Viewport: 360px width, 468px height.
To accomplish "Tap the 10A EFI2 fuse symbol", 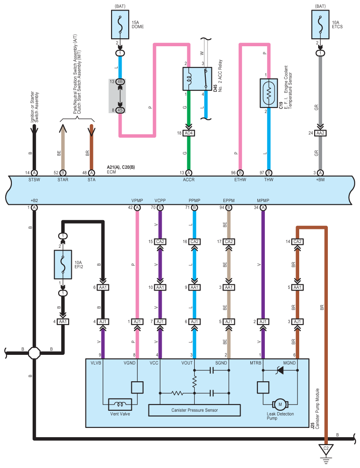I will click(x=63, y=264).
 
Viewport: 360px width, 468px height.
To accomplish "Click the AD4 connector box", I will click(x=189, y=133).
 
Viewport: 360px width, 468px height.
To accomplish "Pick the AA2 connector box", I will click(x=320, y=133).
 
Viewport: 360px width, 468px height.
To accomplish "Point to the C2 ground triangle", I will click(x=327, y=449).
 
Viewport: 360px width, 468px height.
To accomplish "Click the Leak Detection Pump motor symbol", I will click(x=279, y=404).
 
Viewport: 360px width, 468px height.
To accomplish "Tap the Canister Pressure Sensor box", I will click(x=195, y=410).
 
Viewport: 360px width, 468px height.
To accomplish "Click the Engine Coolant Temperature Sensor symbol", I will click(x=269, y=93).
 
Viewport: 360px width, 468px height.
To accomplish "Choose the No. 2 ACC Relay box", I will click(x=197, y=79).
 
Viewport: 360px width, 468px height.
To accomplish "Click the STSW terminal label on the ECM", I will click(x=34, y=179).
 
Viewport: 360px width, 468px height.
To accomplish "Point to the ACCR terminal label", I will click(x=189, y=179).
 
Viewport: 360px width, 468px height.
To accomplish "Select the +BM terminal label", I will click(x=320, y=179).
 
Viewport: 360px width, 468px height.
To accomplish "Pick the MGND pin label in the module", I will click(x=289, y=363).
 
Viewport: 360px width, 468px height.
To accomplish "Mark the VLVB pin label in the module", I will click(x=96, y=363).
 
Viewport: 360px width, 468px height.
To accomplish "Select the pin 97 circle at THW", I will click(x=269, y=173).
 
